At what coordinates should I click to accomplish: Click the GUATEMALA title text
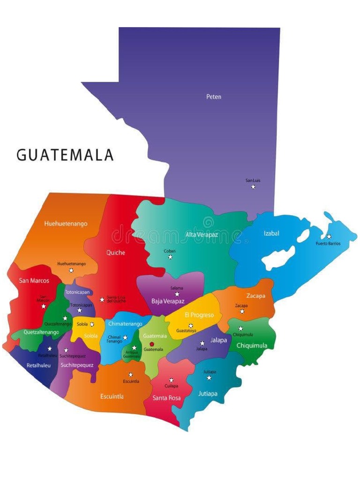[65, 155]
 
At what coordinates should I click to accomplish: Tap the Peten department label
[214, 97]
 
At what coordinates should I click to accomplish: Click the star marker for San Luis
[253, 187]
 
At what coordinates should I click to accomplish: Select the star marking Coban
[170, 257]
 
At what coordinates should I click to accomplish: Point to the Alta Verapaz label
[202, 234]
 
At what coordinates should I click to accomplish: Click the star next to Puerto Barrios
[329, 237]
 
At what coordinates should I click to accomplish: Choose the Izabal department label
[271, 233]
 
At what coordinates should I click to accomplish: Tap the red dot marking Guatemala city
[151, 344]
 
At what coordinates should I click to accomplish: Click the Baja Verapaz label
[168, 301]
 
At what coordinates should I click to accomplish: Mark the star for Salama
[177, 294]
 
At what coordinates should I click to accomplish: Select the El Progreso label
[199, 315]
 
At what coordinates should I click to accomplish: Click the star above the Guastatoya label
[191, 325]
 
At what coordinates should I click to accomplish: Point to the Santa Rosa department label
[167, 398]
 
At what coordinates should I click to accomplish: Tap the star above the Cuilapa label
[171, 380]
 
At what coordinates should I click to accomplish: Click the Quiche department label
[116, 253]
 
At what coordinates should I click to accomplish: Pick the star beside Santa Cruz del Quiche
[102, 299]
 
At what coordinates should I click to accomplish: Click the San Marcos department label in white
[34, 281]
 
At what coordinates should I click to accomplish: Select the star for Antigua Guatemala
[134, 348]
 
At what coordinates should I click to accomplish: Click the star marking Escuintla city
[131, 375]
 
